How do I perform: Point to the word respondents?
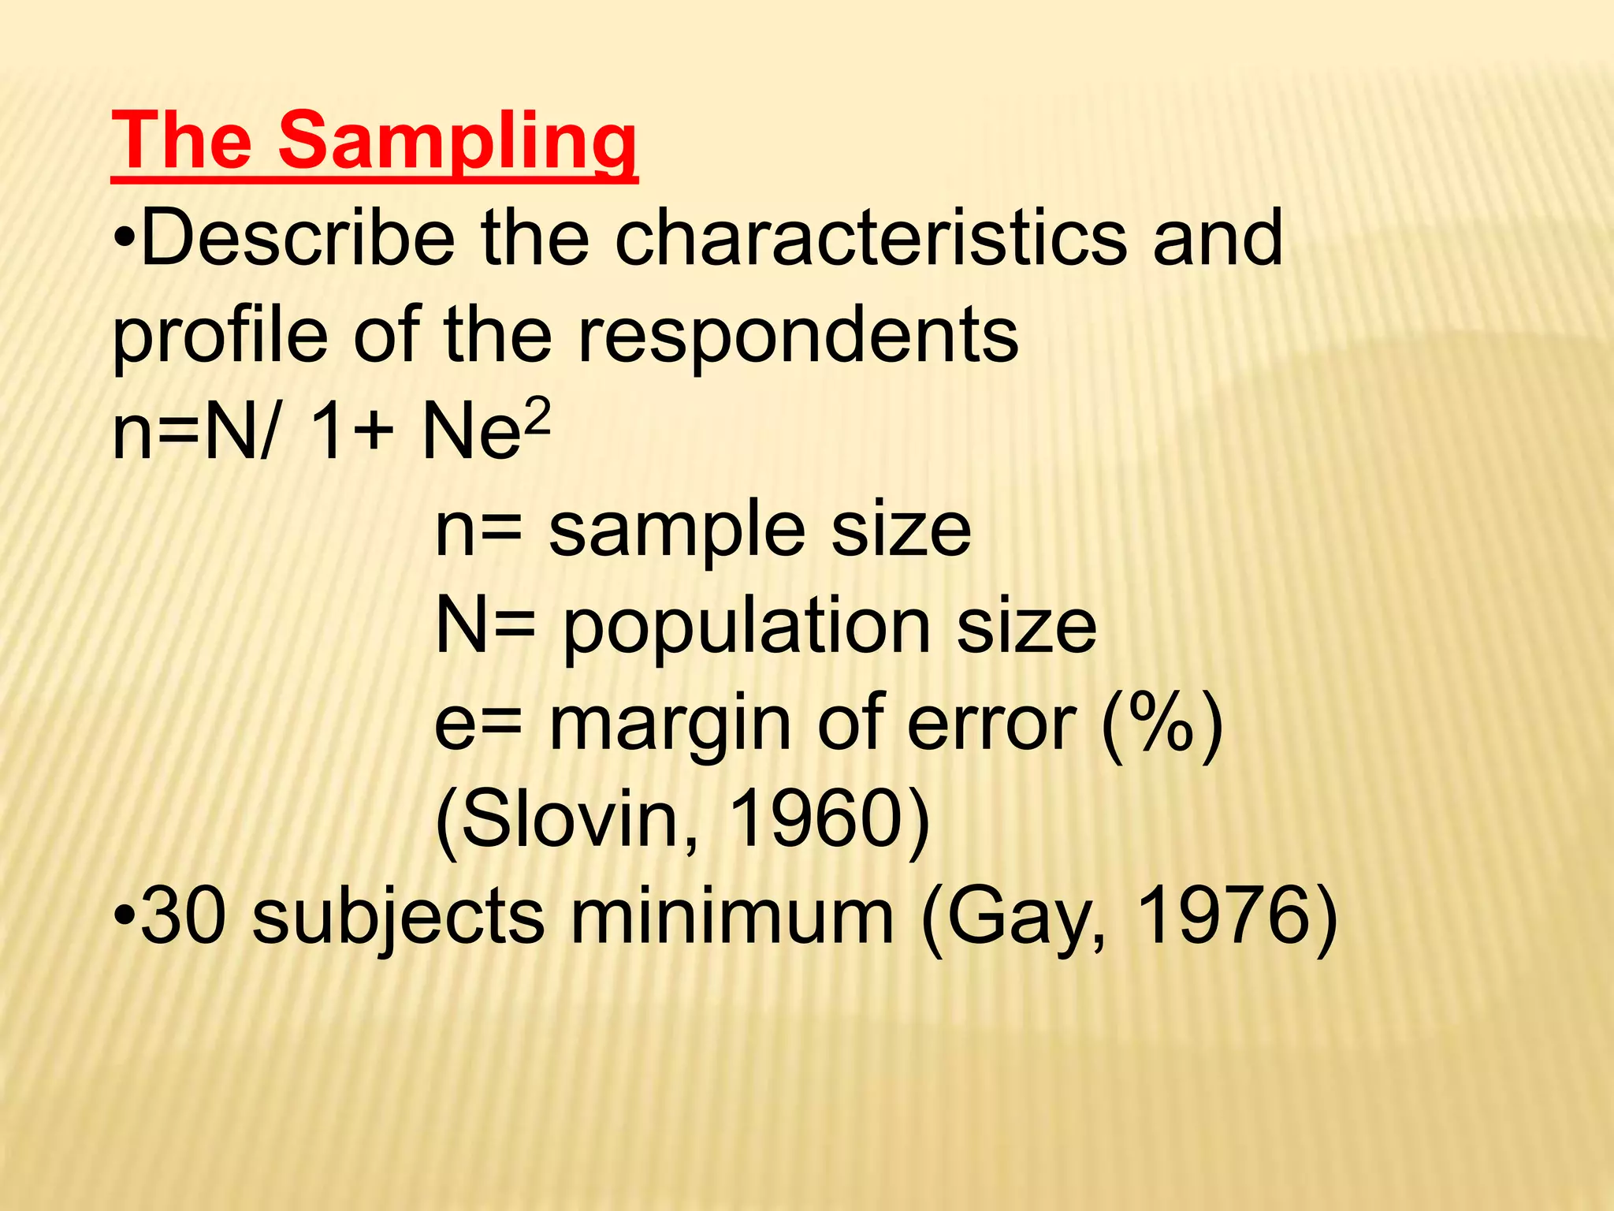coord(798,335)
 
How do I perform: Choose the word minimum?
coord(732,916)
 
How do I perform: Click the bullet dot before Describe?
coord(125,238)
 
